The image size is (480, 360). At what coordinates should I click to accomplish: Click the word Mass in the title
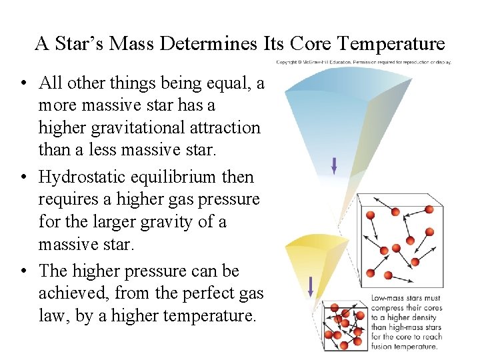[136, 44]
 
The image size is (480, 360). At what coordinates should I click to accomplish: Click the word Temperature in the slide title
[391, 44]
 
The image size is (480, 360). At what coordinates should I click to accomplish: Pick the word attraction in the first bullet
[223, 128]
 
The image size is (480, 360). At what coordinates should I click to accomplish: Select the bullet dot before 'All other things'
[23, 84]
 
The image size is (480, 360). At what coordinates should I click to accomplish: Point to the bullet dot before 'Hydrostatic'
[23, 178]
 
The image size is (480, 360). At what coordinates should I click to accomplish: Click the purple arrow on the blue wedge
[334, 165]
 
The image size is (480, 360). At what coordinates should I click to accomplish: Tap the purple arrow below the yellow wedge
[311, 287]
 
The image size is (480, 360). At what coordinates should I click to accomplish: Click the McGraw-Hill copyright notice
[363, 62]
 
